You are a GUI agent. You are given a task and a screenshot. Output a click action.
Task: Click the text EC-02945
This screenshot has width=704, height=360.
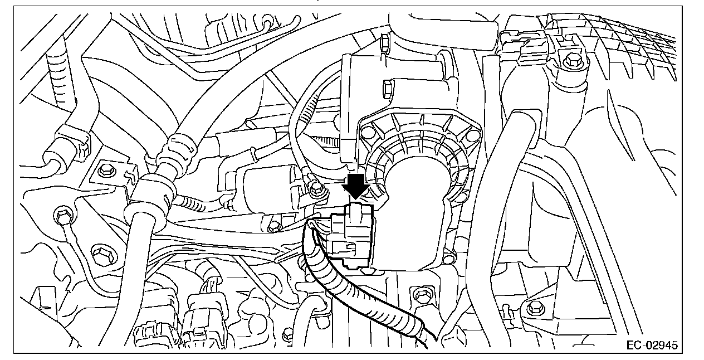651,346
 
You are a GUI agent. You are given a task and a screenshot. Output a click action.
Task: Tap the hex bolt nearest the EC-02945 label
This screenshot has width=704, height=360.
534,307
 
